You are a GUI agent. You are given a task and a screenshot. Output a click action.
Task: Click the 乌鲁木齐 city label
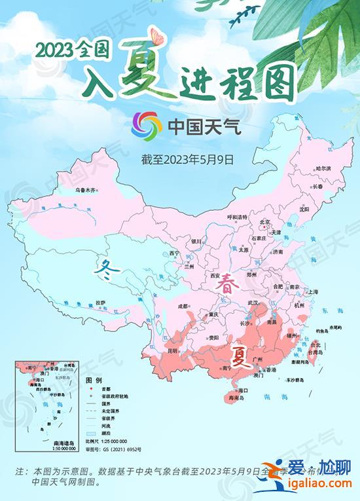[84, 190]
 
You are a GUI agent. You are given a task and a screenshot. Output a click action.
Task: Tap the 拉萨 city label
[100, 303]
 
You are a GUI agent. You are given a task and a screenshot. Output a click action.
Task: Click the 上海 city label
[313, 291]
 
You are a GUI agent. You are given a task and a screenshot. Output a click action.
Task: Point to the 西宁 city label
[174, 253]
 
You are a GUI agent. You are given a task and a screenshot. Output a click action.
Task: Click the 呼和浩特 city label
[238, 217]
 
